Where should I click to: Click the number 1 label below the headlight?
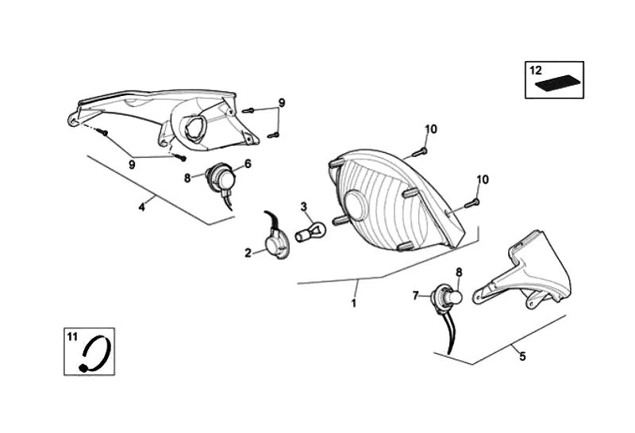[353, 302]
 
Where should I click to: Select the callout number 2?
[248, 253]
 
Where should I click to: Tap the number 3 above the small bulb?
[303, 207]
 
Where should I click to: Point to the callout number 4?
[141, 207]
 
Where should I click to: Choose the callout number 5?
[521, 356]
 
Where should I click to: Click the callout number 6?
[247, 164]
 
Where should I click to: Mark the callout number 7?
[415, 295]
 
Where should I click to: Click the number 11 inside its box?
[72, 337]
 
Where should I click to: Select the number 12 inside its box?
[536, 70]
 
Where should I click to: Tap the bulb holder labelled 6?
[222, 178]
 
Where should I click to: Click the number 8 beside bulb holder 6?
[187, 178]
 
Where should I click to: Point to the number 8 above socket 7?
[458, 273]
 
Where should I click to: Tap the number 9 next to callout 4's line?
[132, 164]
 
